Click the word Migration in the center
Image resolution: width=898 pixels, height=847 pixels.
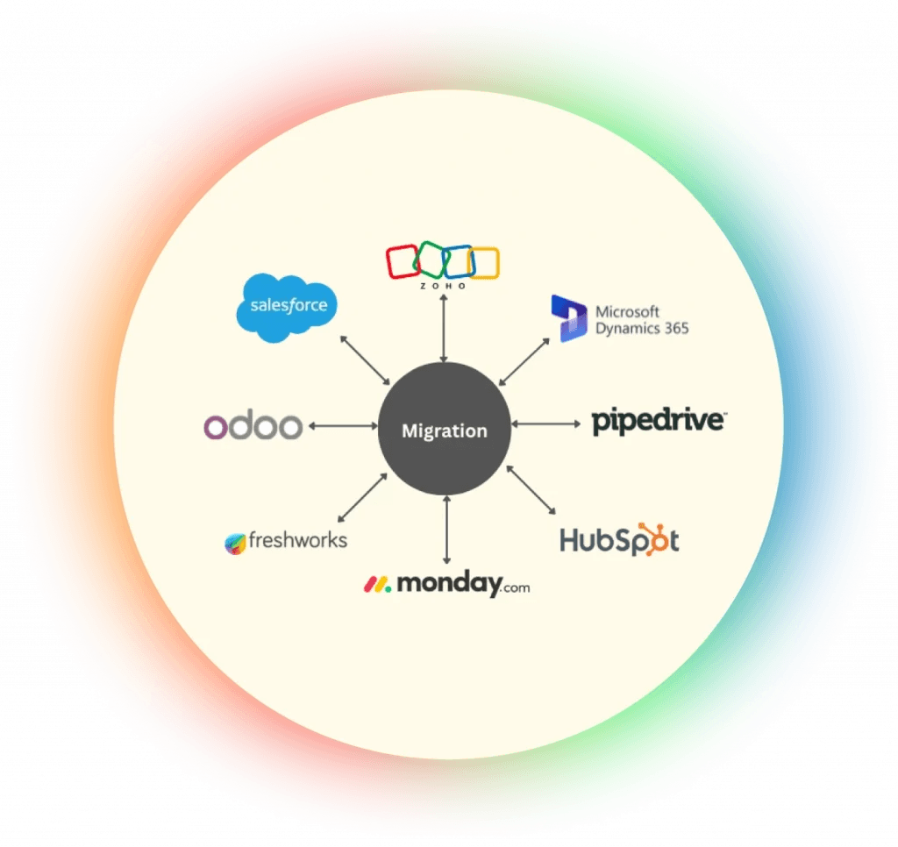tap(444, 431)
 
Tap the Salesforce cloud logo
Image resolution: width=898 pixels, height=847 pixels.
tap(288, 307)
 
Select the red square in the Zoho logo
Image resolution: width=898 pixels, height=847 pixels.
tap(403, 261)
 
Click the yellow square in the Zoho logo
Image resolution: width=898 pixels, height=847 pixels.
tap(484, 263)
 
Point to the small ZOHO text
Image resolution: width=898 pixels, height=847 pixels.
tap(444, 287)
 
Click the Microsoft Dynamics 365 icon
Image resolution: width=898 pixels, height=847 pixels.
tap(568, 318)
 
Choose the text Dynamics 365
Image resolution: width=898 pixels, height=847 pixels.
tap(642, 329)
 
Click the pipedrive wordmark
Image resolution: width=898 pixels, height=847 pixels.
tap(658, 421)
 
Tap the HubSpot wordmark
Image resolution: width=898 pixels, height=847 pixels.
tap(620, 540)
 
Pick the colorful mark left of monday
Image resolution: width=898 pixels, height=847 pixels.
tap(378, 584)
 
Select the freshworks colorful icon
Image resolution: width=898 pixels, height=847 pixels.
tap(235, 542)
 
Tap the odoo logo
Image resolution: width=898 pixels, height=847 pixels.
tap(253, 426)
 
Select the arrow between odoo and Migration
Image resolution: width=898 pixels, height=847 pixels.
tap(342, 426)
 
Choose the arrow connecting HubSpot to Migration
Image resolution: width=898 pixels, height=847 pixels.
tap(531, 489)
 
